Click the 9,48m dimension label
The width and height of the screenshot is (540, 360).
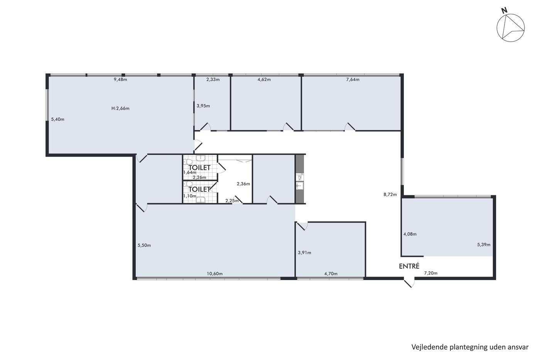[120, 79]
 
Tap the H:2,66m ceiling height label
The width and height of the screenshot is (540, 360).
[120, 108]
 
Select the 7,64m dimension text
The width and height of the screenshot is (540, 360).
[353, 79]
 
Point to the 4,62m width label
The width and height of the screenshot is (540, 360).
[264, 79]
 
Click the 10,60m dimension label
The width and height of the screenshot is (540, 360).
[214, 274]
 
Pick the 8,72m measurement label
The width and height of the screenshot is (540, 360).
[390, 194]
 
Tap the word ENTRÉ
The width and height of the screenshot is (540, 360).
[409, 266]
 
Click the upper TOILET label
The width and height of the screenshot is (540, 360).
[199, 167]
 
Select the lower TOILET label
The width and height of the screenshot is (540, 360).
[199, 189]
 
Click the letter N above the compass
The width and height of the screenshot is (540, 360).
[504, 10]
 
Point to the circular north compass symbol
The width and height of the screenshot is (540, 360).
[511, 28]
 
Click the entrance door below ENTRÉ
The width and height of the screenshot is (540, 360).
[409, 283]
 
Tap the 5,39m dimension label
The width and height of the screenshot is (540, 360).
[484, 245]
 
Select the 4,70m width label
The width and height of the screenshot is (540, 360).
[331, 274]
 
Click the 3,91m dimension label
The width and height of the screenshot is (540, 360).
[304, 253]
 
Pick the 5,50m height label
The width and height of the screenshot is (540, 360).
[144, 245]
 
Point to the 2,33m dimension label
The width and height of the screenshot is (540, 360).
[213, 79]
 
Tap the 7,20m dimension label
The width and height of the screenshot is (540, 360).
[430, 273]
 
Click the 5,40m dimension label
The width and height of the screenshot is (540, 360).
[57, 119]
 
